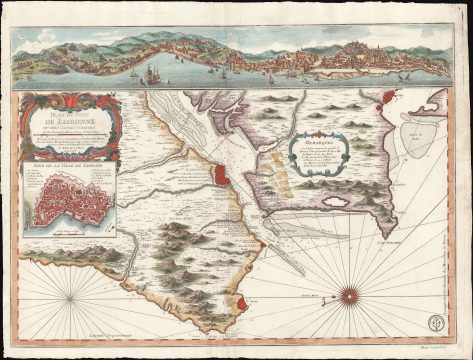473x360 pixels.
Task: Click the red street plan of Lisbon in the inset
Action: (77, 208)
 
